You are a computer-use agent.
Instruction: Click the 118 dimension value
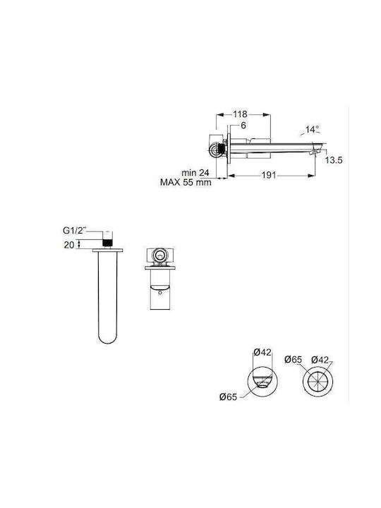coord(240,114)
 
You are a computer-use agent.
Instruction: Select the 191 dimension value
coord(269,175)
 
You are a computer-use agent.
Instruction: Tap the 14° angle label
coord(313,130)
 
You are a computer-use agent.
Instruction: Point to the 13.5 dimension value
coord(334,160)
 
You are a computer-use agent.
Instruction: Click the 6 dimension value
coord(243,126)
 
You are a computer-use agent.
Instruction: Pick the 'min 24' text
coord(195,173)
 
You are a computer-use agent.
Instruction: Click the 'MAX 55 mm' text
coord(186,183)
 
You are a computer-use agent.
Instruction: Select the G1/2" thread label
coord(75,231)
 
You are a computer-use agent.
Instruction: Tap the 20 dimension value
coord(69,245)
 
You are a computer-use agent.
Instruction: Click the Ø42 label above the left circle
coord(262,352)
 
